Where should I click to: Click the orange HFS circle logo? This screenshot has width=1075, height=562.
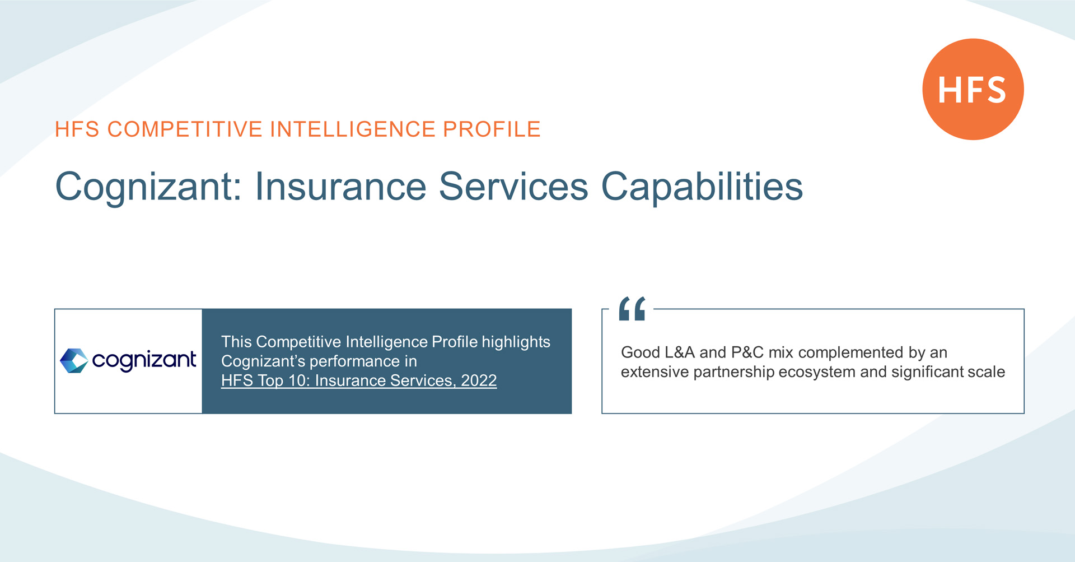click(x=973, y=89)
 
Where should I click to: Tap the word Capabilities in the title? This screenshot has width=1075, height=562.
click(x=702, y=186)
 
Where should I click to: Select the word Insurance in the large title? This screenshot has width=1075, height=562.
click(x=340, y=186)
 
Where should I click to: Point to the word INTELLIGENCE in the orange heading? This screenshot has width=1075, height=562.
click(x=353, y=129)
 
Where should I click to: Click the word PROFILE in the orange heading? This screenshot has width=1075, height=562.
click(x=492, y=129)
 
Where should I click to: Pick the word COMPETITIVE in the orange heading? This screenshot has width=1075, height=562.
click(x=185, y=129)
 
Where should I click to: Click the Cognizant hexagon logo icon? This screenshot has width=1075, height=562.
click(x=74, y=360)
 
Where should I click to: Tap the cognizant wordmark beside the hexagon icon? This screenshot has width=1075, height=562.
click(x=144, y=361)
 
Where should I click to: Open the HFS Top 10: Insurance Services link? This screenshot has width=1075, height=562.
click(x=359, y=380)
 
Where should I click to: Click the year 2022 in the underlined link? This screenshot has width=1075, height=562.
click(x=479, y=380)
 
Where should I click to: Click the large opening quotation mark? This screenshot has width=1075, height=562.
click(x=632, y=309)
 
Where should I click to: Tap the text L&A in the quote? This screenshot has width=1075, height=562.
click(x=679, y=352)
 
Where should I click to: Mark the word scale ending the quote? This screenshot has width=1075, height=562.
click(x=987, y=372)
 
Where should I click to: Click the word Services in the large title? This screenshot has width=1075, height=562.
click(x=513, y=186)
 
